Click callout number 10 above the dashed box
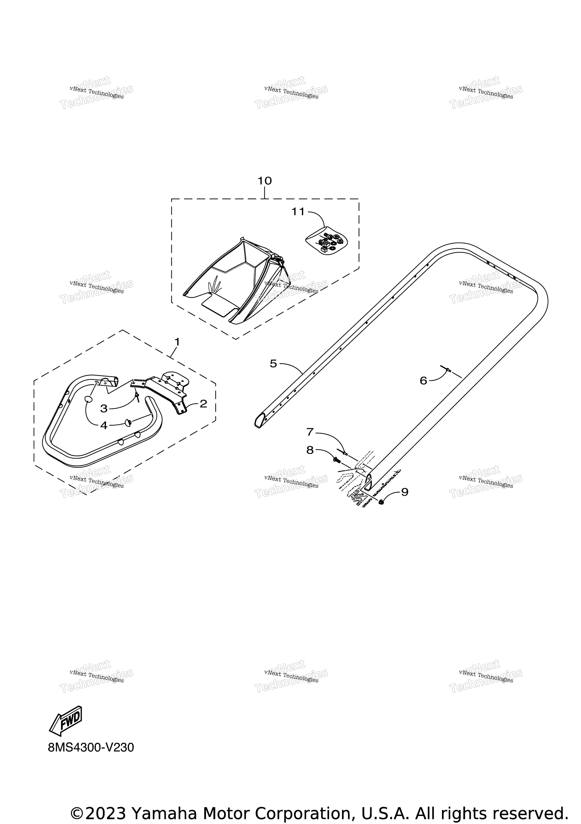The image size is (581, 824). (x=265, y=181)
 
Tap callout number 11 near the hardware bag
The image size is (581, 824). (x=298, y=212)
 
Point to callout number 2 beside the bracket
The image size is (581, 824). (x=203, y=404)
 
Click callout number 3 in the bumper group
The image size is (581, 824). (x=104, y=408)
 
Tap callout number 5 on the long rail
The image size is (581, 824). (x=273, y=364)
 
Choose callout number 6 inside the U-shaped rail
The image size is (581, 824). (x=423, y=381)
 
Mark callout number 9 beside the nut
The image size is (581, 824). (x=405, y=492)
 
